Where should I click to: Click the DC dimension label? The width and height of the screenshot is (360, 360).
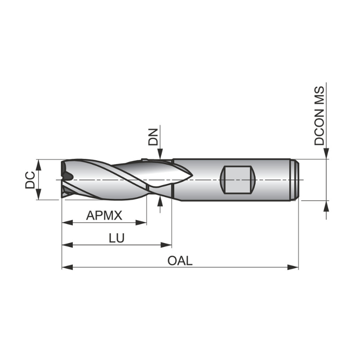tap(30, 180)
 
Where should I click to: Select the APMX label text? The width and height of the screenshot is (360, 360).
tap(104, 216)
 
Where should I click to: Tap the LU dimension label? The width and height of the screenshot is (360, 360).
tap(116, 238)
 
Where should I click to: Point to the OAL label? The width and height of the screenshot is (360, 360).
tap(180, 261)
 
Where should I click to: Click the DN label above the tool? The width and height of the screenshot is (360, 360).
tap(153, 137)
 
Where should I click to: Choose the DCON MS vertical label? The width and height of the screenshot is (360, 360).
tap(319, 115)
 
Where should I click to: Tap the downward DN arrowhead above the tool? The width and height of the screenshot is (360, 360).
tap(160, 154)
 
